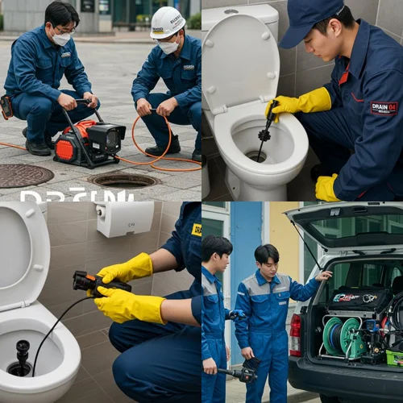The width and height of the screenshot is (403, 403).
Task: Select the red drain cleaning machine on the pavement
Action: (88, 141)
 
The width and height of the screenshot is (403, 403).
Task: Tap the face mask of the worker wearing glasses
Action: (61, 38)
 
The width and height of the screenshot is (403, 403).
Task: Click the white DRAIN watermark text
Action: (65, 196)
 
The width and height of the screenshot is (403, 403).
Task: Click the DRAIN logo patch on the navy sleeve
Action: (384, 107)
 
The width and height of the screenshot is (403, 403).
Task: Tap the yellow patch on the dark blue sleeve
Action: (196, 229)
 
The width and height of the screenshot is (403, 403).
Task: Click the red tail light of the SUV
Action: (296, 334)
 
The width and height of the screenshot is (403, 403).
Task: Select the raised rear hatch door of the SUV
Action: (347, 225)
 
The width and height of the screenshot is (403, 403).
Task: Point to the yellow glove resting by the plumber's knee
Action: (326, 188)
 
